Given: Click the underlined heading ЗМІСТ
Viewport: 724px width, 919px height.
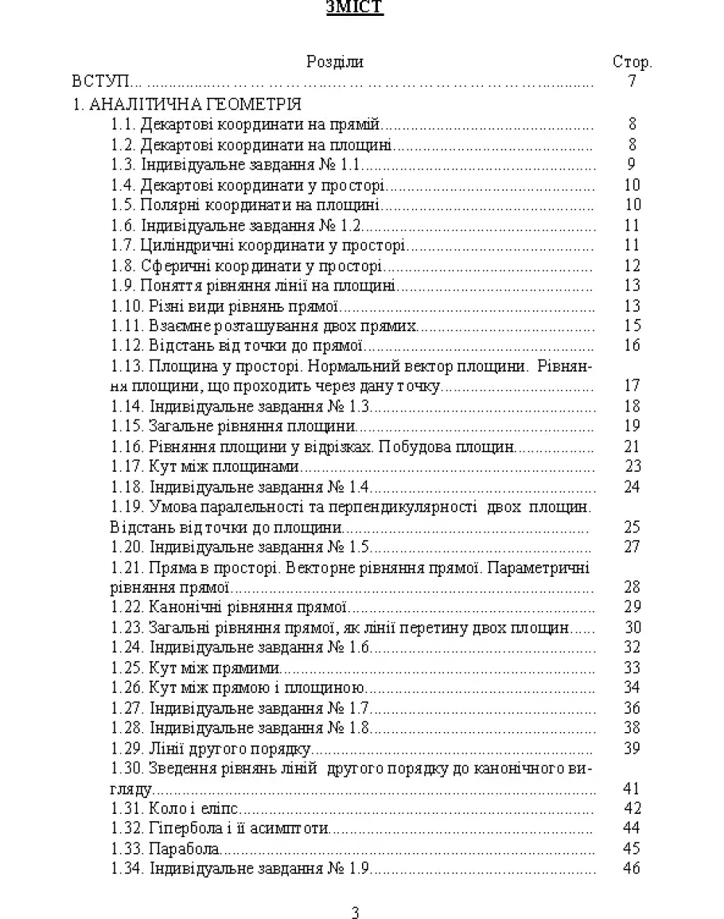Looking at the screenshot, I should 354,9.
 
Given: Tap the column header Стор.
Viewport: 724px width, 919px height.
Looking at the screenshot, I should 632,62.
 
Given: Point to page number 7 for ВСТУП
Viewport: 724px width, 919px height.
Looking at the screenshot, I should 632,81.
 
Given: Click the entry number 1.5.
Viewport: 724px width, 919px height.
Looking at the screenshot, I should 123,205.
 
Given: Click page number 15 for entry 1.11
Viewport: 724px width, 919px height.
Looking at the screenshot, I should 633,325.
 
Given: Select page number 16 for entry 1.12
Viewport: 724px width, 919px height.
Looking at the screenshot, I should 633,345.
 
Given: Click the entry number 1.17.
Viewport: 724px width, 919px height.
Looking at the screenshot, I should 127,466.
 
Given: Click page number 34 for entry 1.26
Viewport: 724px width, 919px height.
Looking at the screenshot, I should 633,687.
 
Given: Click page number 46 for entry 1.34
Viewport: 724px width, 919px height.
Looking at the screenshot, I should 633,868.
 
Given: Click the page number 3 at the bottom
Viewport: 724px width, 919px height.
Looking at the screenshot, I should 355,912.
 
